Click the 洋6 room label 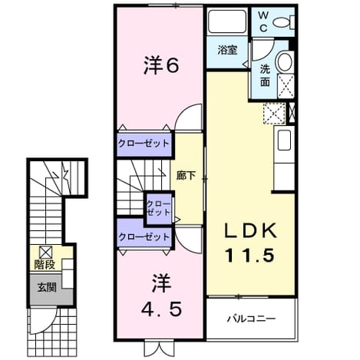point(160,66)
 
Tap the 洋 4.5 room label point(161,296)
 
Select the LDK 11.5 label point(250,243)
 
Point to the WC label point(263,22)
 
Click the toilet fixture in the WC point(284,22)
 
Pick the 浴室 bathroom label point(227,50)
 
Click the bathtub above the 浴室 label point(226,21)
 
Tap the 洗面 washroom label point(265,75)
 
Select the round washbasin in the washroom point(285,61)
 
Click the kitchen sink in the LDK point(284,140)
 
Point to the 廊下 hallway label point(186,176)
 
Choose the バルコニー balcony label point(252,319)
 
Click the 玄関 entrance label point(47,288)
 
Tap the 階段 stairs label point(45,265)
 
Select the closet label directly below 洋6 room point(144,144)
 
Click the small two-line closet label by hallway point(159,208)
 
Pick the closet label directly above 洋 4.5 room point(144,237)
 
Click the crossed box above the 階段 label point(46,253)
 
